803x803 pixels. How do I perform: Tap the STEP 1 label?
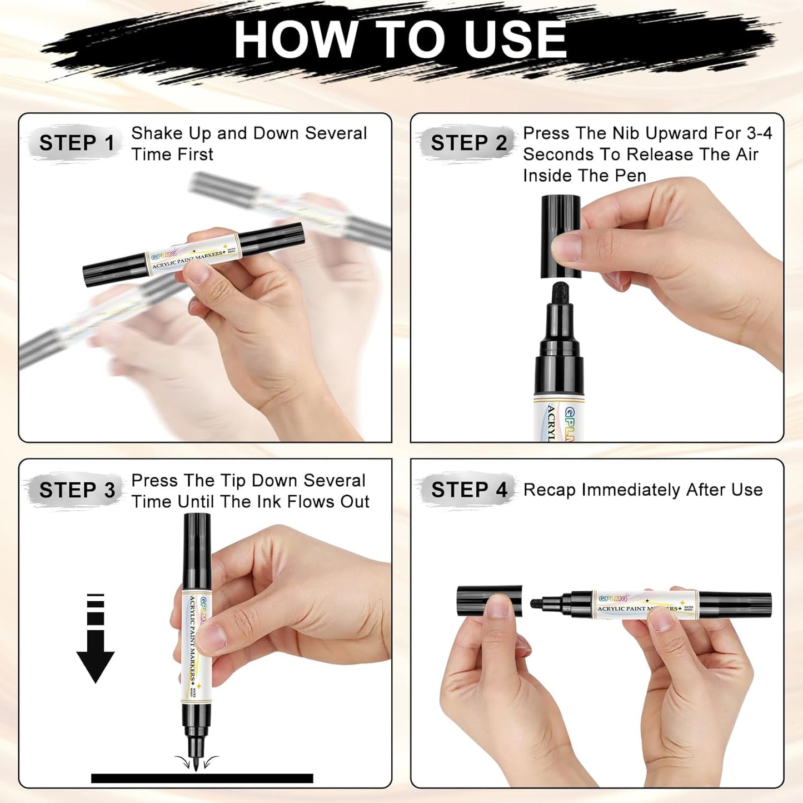76,143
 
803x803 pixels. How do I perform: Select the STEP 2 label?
468,143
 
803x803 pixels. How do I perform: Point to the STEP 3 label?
77,490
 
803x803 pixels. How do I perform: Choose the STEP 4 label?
469,490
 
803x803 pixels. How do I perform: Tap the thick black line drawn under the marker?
202,778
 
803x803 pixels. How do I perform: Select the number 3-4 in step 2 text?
759,133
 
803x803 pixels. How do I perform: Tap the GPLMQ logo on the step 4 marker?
612,598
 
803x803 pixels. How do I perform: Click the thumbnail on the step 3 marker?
212,635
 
